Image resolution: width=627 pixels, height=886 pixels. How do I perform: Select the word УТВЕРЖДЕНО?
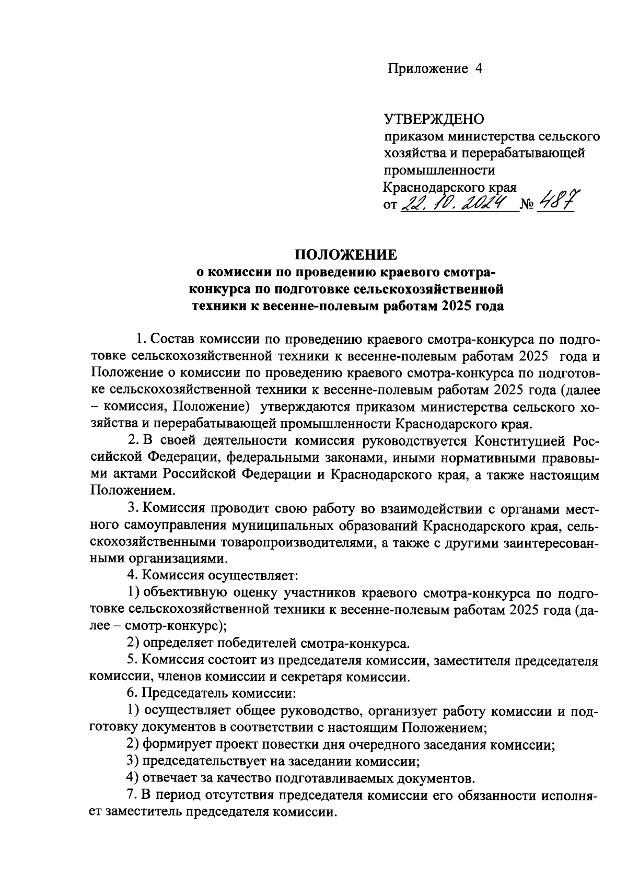coord(434,120)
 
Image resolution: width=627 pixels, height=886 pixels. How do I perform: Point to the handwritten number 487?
coord(557,201)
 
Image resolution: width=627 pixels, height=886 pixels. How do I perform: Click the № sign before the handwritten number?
coord(528,205)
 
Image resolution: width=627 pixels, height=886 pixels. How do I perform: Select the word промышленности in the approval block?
coord(439,170)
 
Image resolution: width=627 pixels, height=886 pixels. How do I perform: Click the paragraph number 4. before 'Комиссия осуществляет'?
coord(132,576)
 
